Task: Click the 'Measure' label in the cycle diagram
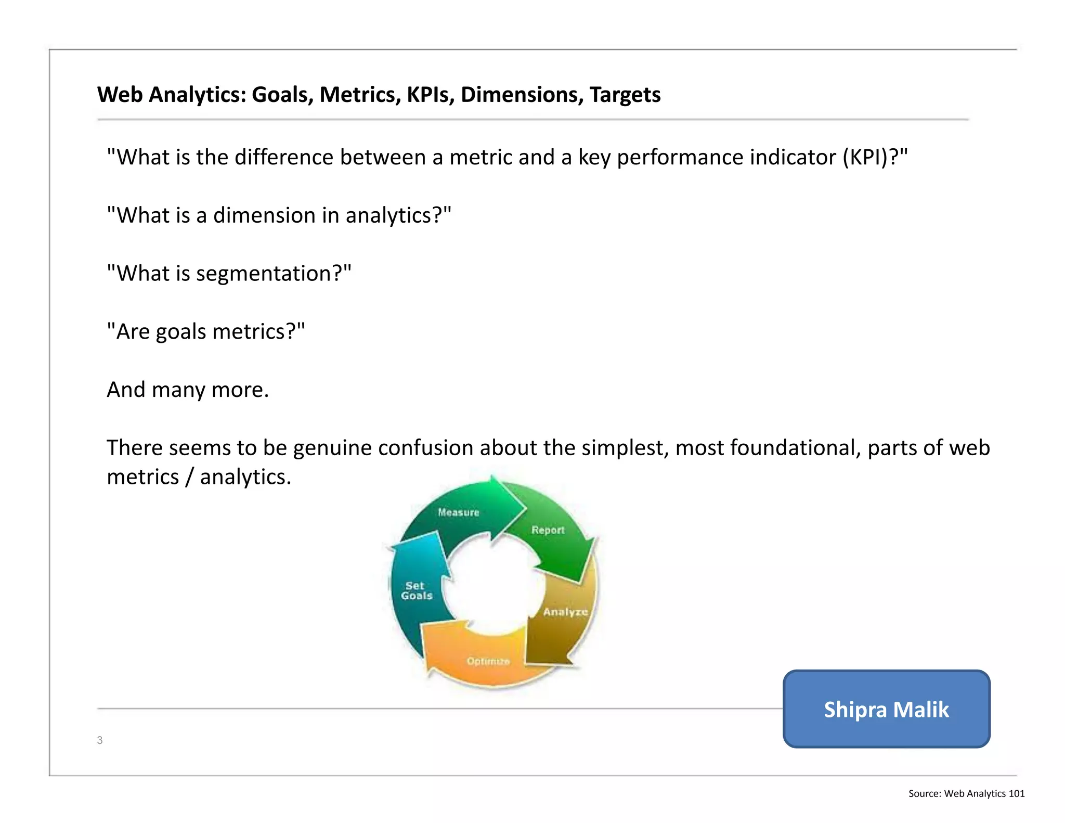458,512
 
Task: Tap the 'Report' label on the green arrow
548,530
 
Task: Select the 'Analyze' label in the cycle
565,612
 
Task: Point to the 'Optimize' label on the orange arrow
488,661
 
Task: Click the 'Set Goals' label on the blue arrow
417,591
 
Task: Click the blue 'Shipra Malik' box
886,709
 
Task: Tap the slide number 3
100,740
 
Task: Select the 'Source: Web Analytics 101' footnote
966,793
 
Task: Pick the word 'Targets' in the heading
625,95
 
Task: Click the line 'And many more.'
188,390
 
